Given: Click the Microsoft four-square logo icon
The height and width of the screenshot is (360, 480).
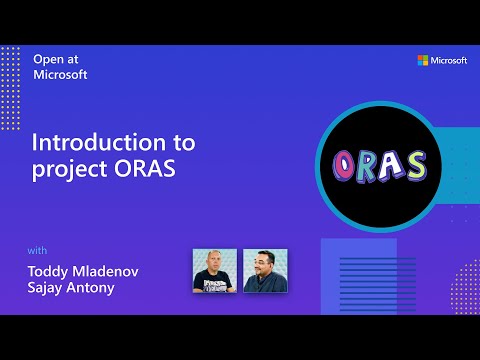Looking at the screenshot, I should [423, 61].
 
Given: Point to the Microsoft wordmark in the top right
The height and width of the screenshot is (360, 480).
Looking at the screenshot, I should [449, 61].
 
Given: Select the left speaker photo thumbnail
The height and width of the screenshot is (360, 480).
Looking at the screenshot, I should [214, 270].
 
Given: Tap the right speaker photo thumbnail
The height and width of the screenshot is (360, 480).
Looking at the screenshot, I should [265, 270].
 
